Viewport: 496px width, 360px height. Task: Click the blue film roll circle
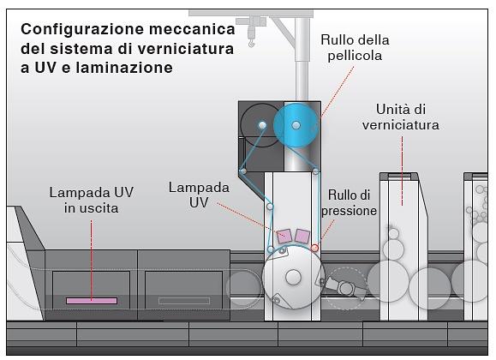tap(296, 125)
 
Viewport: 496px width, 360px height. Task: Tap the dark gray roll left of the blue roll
tap(260, 125)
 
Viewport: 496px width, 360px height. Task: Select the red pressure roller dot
tap(314, 248)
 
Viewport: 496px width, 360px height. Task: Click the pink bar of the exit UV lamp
tap(92, 301)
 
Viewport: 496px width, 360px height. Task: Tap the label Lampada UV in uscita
tap(90, 200)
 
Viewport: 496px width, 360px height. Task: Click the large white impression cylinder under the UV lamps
tap(293, 276)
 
